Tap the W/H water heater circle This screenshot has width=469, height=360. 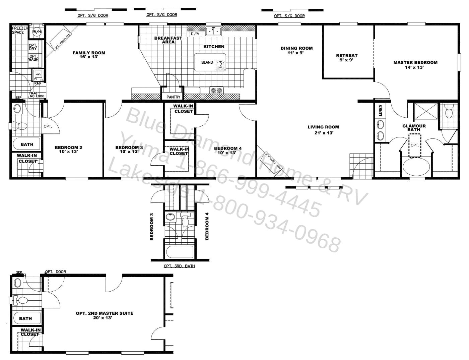tap(37, 32)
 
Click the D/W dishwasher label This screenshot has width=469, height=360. tap(195, 34)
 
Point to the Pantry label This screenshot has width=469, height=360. tap(173, 97)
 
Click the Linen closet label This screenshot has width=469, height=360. tap(380, 110)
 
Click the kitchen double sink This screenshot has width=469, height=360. tap(213, 31)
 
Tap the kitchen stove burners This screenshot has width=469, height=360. tap(216, 90)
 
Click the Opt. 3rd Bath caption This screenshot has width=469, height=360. tap(179, 266)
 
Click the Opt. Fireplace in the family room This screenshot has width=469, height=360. tap(61, 40)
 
